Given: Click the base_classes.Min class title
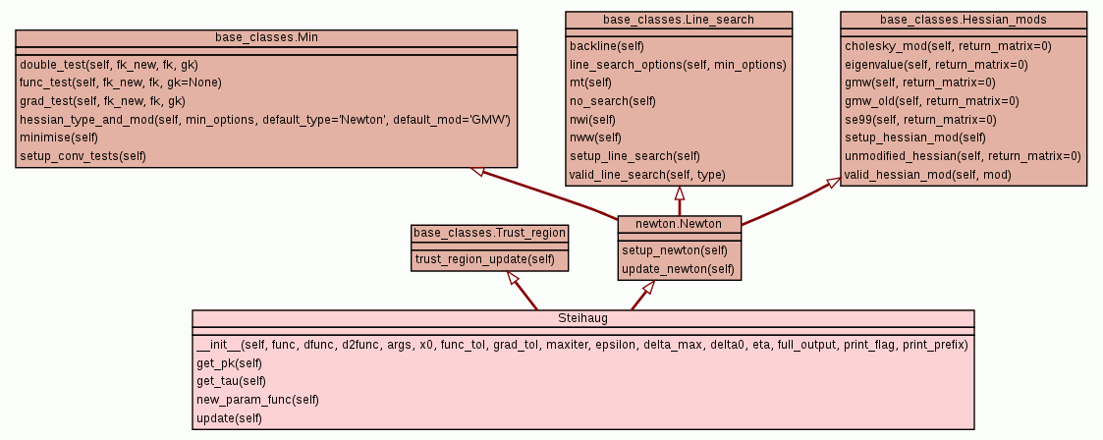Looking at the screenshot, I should click(x=266, y=37).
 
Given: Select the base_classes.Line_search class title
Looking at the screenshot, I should click(x=679, y=20).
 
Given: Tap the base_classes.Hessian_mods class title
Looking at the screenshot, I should click(x=963, y=20).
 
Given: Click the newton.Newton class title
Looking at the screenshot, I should click(x=679, y=224).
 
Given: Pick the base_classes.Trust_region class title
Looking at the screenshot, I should click(x=489, y=233).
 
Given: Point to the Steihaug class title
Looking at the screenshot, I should click(x=583, y=318).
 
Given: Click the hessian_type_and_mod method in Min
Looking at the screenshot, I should click(x=264, y=119).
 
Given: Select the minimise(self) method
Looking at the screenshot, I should click(x=58, y=137).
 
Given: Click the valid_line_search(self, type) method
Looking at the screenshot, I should click(x=647, y=175).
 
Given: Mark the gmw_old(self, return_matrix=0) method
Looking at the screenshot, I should click(x=931, y=101).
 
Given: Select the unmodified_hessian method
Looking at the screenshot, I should click(x=963, y=156).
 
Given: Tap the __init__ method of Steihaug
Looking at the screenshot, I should click(x=581, y=345).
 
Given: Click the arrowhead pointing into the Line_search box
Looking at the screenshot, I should click(x=679, y=193).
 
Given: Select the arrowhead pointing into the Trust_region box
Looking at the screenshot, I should click(x=512, y=278).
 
